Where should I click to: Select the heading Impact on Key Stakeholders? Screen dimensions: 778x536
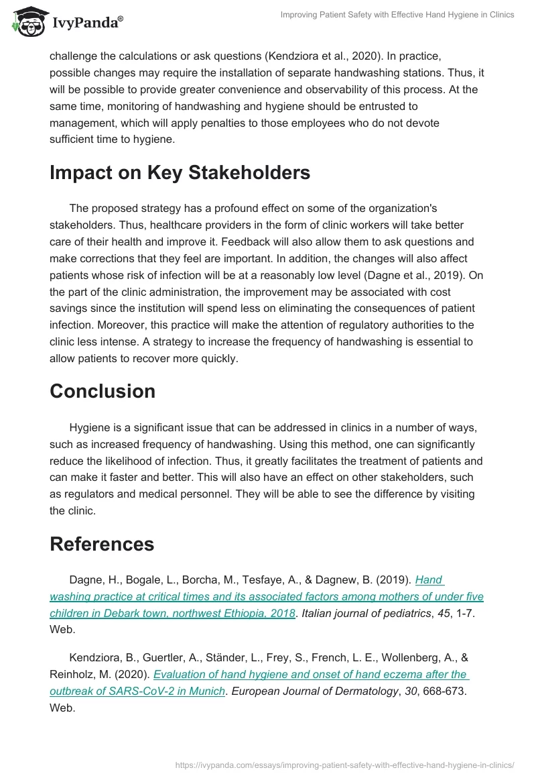tap(180, 172)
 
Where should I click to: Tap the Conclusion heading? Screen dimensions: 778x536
tap(103, 391)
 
